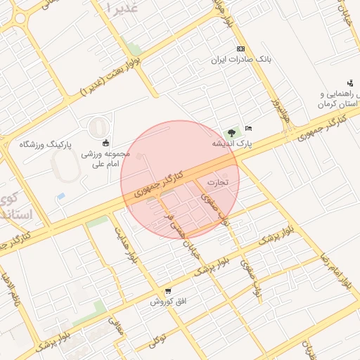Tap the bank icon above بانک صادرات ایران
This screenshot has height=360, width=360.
241,49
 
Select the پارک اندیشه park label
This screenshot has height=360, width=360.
233,143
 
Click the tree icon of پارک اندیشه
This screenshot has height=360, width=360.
231,133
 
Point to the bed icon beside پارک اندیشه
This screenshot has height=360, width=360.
248,128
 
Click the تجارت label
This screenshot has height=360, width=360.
218,182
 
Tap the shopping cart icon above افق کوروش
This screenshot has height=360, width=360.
167,291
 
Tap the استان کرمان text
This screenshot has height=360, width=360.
333,104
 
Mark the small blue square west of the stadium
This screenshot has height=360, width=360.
61,196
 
